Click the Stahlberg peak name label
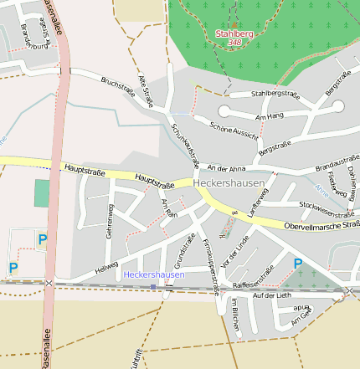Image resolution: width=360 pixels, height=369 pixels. click(x=234, y=33)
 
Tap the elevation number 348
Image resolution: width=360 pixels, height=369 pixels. click(x=234, y=43)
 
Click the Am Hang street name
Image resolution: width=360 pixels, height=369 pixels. click(x=270, y=117)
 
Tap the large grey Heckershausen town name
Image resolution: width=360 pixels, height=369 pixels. click(x=228, y=182)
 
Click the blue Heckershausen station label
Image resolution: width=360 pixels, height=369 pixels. click(x=153, y=274)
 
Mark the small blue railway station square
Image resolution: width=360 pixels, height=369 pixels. click(x=153, y=286)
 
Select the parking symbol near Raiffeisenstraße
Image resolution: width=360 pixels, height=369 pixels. click(x=298, y=264)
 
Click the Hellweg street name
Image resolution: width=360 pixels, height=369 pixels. click(x=107, y=267)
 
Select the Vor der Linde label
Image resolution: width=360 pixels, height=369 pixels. click(x=230, y=252)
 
